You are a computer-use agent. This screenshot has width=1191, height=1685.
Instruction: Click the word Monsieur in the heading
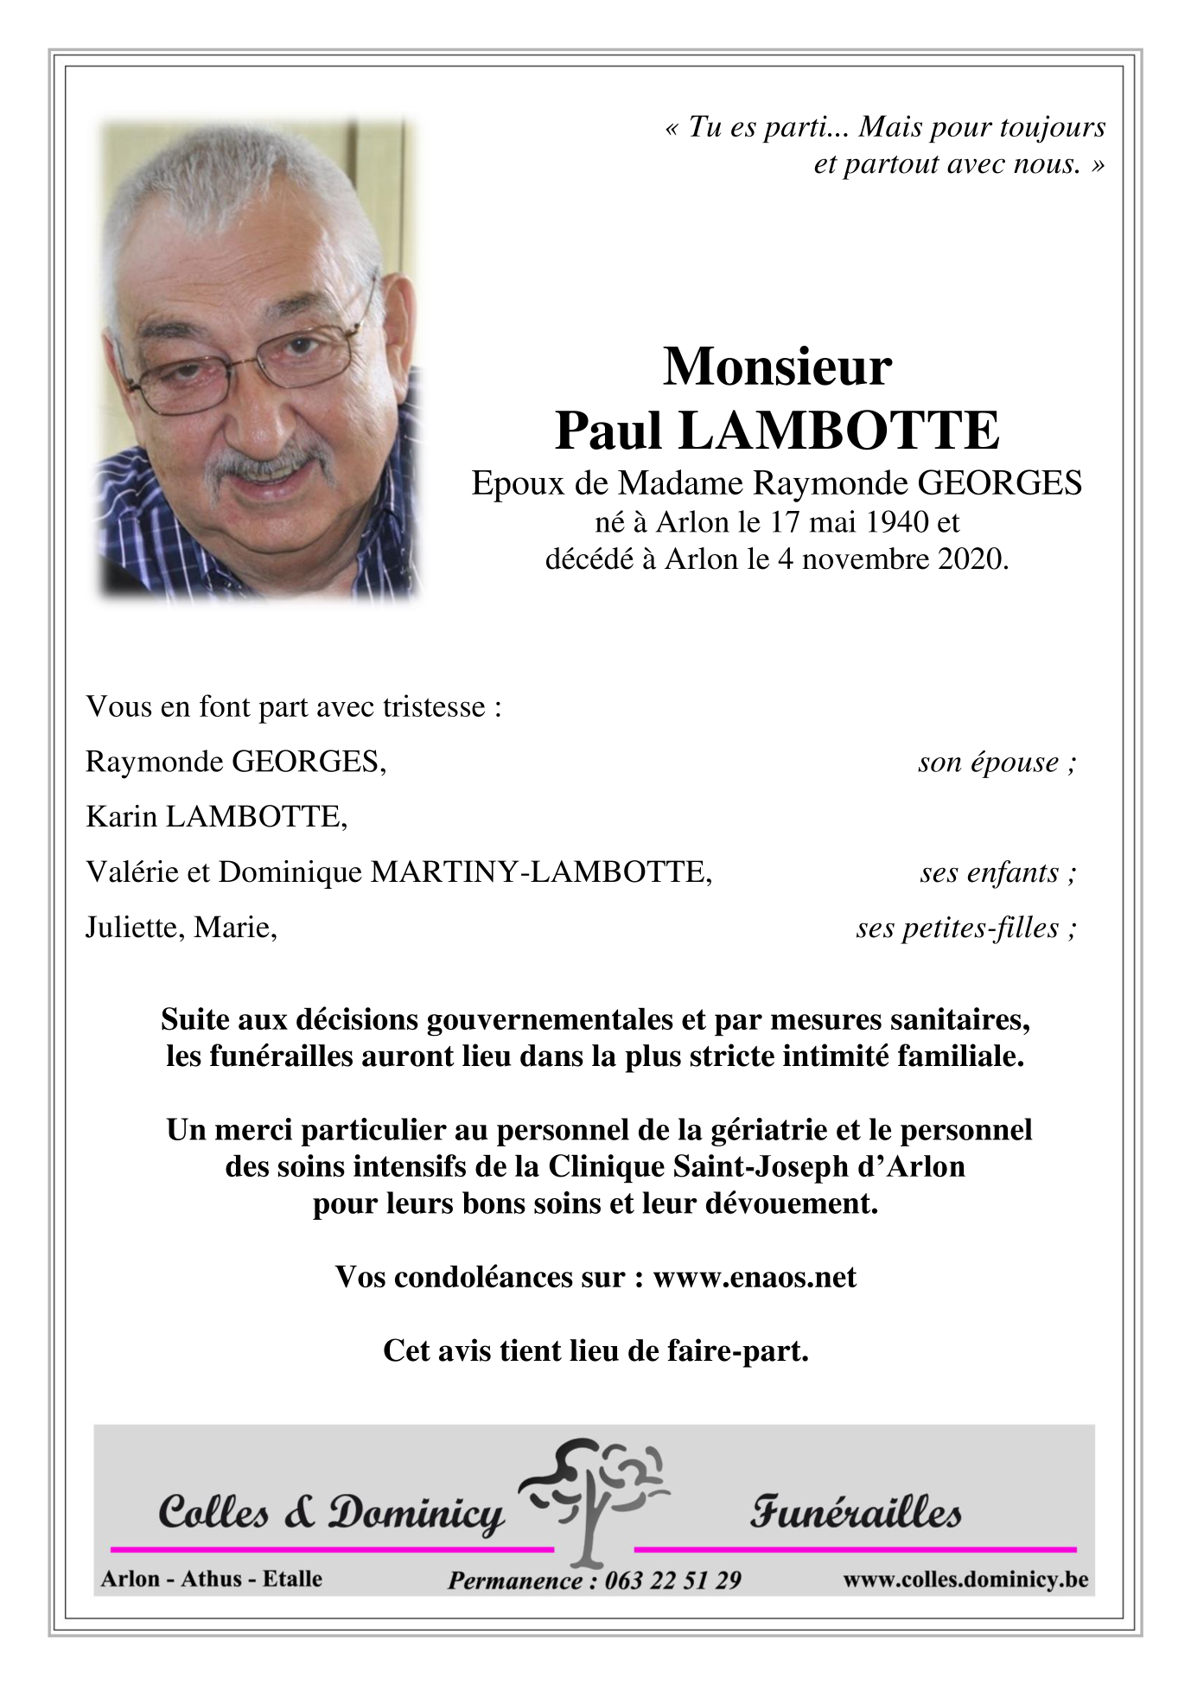point(776,367)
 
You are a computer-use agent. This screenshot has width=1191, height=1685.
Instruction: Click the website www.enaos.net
point(754,1277)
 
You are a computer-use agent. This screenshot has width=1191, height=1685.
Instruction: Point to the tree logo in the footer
point(592,1503)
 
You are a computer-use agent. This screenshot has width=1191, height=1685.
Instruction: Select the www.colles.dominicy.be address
point(965,1580)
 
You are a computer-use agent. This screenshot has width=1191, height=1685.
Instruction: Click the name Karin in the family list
point(121,817)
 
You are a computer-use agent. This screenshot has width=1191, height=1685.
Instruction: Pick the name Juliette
point(135,928)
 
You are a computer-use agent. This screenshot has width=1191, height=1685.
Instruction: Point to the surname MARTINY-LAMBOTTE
point(540,872)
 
